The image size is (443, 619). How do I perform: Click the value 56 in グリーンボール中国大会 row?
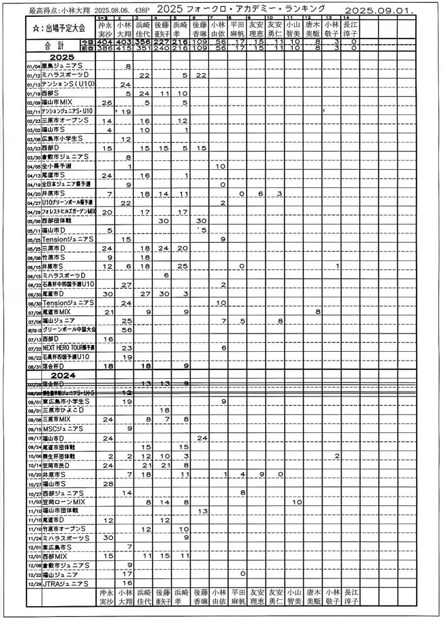pyautogui.click(x=126, y=329)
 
